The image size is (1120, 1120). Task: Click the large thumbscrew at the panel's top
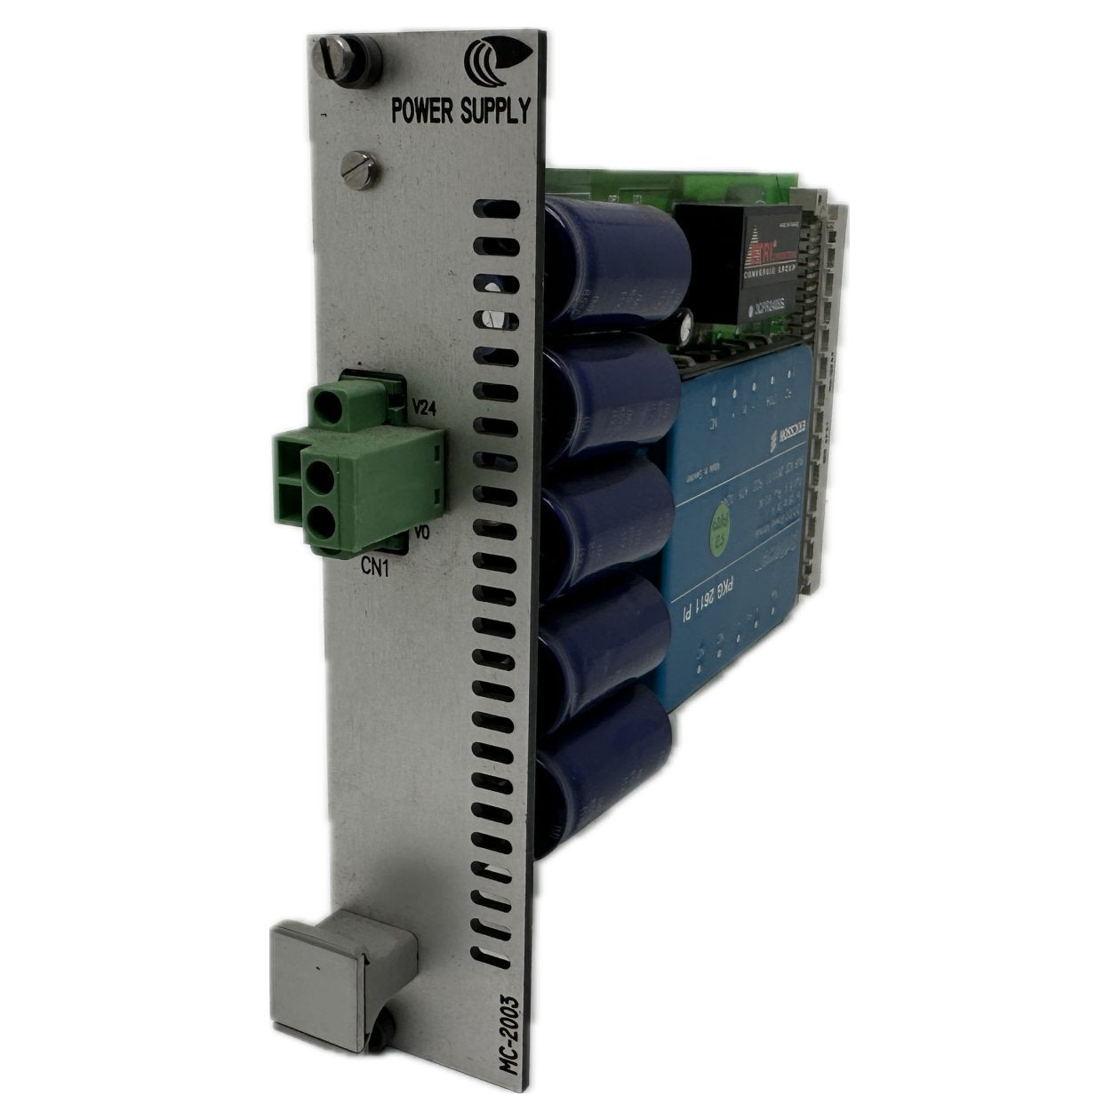(x=346, y=57)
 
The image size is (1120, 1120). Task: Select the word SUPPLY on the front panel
(x=492, y=111)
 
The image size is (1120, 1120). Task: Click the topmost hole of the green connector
(x=332, y=407)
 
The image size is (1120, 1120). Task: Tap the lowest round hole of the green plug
(x=321, y=524)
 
